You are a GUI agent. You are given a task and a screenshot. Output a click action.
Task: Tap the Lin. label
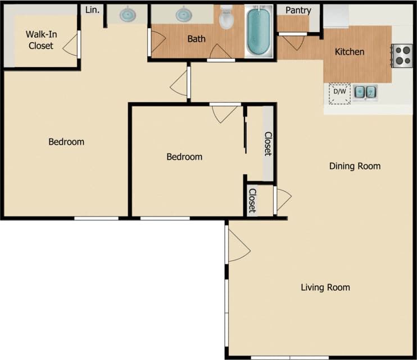pos(93,10)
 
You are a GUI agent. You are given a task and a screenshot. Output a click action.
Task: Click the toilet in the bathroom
pos(226,17)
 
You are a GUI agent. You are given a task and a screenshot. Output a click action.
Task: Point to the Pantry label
pos(298,10)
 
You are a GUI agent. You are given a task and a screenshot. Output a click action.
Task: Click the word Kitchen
pos(350,52)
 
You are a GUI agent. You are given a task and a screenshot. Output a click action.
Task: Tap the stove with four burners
pos(402,55)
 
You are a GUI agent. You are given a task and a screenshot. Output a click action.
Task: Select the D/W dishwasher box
pos(339,94)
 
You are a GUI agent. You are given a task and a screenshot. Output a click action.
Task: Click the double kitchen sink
pos(365,92)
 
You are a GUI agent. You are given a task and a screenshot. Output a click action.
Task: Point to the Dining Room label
pos(355,166)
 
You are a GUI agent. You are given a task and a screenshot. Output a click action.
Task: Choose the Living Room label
pos(325,287)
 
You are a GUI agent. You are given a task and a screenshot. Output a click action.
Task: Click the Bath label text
pos(196,39)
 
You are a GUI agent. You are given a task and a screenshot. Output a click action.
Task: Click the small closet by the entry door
pos(252,201)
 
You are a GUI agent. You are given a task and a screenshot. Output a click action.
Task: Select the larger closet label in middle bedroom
pos(268,144)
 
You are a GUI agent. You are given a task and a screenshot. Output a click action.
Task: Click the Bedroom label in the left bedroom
pos(66,142)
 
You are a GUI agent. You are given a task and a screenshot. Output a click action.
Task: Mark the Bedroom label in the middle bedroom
pos(184,157)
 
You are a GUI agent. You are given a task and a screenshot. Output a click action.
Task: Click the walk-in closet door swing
pos(71,44)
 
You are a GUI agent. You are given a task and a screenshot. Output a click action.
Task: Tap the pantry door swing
pos(292,43)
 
